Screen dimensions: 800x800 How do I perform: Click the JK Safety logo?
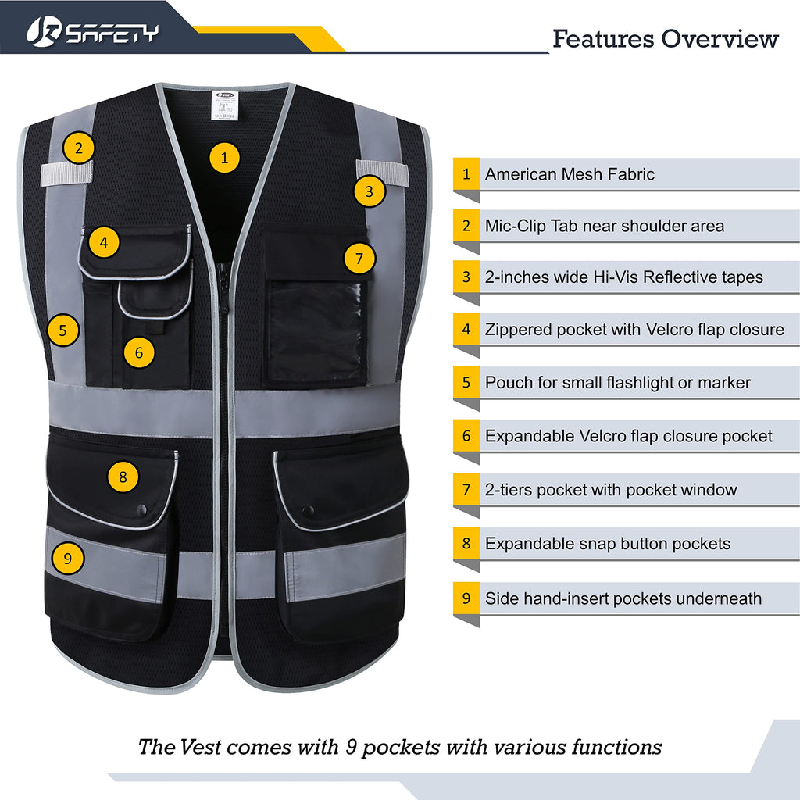tap(92, 31)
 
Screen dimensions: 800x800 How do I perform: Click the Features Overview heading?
tap(666, 38)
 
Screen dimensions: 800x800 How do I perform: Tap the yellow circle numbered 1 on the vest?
tap(225, 159)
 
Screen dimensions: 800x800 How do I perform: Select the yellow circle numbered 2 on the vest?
tap(79, 148)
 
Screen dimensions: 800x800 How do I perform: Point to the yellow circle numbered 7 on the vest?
tap(359, 259)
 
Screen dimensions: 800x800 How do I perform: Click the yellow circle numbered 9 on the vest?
tap(68, 559)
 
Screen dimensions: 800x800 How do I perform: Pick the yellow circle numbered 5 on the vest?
tap(63, 330)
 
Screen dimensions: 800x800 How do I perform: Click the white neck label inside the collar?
tap(226, 104)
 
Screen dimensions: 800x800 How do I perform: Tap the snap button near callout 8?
tap(141, 509)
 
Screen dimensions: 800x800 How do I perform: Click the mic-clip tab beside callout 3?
tap(384, 171)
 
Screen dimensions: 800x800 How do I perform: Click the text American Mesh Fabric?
tap(570, 174)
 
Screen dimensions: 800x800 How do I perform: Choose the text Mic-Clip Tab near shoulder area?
tap(604, 227)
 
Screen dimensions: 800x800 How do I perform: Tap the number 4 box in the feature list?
tap(466, 330)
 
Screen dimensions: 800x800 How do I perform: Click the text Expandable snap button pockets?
tap(607, 544)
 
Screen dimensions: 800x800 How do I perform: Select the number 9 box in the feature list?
tap(466, 598)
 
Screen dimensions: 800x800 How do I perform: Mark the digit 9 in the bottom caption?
tap(352, 747)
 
